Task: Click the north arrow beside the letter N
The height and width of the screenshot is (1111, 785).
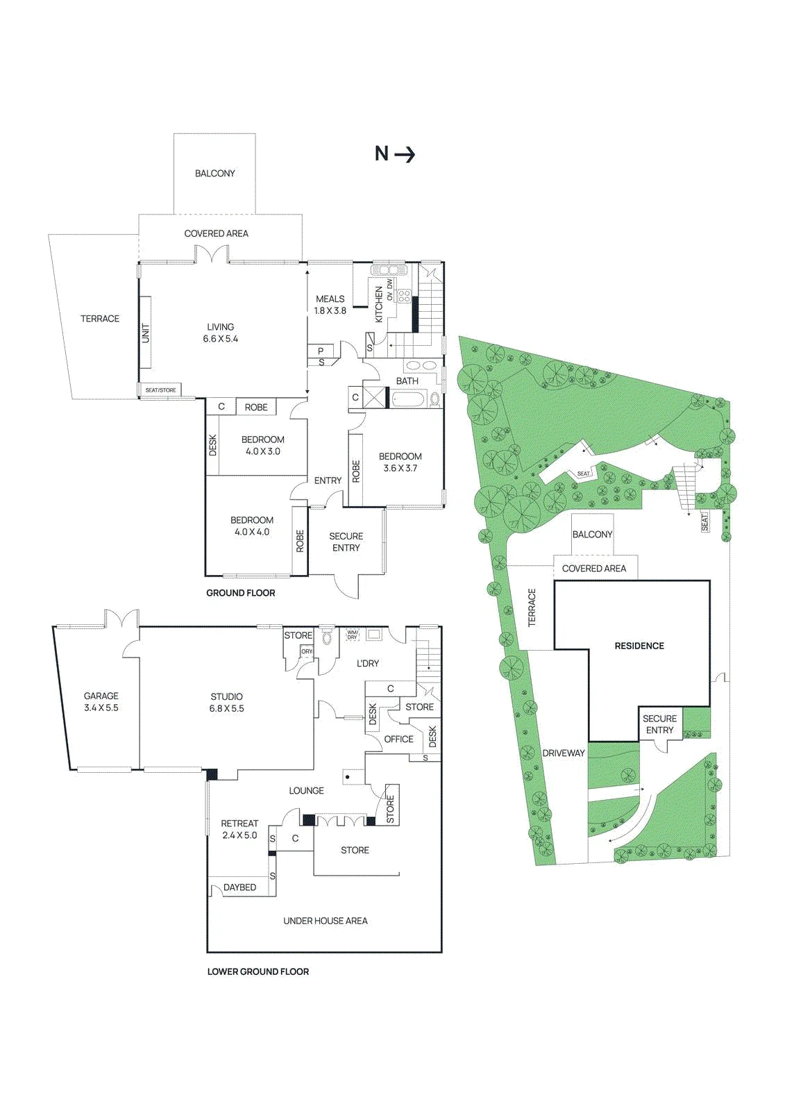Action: coord(405,156)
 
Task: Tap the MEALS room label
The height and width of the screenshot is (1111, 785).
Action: coord(330,299)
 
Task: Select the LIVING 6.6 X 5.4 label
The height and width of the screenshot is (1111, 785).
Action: coord(221,333)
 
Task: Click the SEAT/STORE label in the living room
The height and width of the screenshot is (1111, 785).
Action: coord(160,390)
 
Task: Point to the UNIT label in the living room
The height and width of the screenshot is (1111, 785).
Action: coord(146,333)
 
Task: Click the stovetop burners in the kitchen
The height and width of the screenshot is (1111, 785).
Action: coord(405,296)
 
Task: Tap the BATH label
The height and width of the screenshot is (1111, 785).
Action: coord(407,381)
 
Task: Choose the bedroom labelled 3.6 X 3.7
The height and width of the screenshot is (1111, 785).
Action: coord(400,462)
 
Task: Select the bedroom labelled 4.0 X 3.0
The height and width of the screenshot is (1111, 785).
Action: coord(263,445)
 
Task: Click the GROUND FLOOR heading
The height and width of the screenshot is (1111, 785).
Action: coord(241,593)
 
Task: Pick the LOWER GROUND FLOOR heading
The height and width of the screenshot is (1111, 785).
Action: coord(258,971)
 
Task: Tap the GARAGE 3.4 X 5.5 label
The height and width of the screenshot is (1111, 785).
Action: coord(101,702)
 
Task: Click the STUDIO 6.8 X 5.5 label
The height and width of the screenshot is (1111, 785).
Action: coord(227,703)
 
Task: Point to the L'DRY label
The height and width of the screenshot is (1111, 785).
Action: coord(367,663)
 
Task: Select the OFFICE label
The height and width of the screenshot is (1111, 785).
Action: coord(398,739)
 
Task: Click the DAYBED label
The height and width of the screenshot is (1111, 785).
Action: coord(240,887)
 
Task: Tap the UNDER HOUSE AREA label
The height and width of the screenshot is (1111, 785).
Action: coord(326,921)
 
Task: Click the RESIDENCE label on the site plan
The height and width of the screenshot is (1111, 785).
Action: coord(639,646)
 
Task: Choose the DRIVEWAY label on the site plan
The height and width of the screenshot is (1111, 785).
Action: coord(564,753)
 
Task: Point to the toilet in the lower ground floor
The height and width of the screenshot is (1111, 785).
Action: coord(327,636)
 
